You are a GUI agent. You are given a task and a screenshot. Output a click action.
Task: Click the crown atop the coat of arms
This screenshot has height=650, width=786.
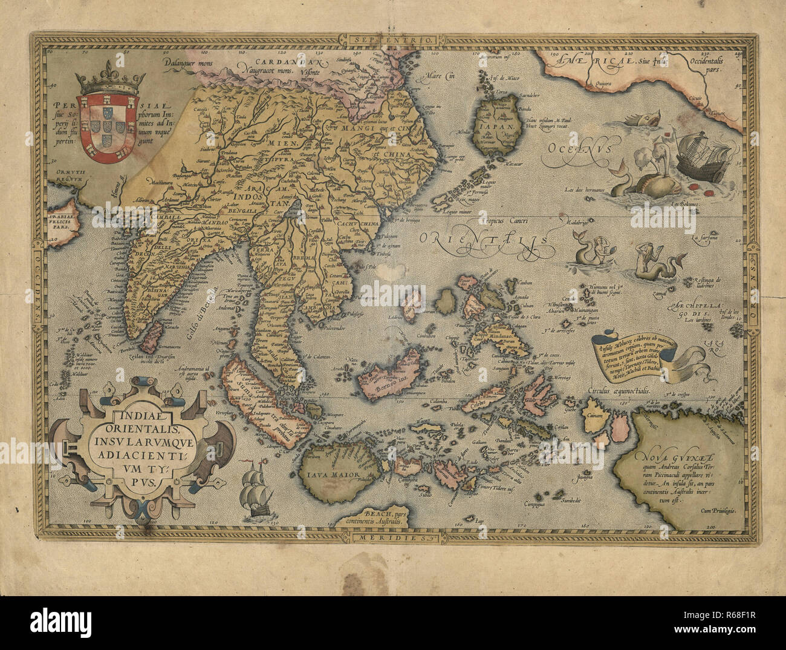(x=102, y=84)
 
